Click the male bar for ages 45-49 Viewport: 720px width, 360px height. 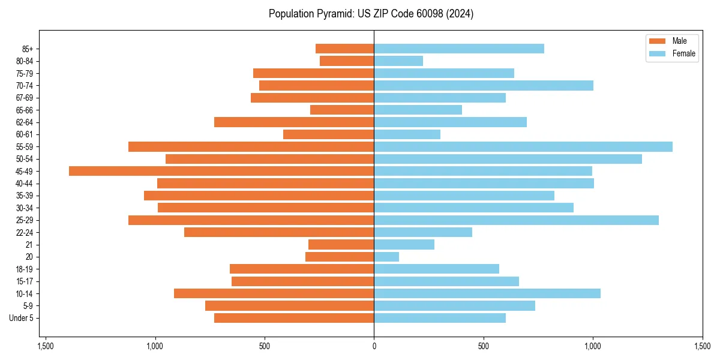click(221, 171)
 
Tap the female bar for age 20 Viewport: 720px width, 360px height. click(386, 257)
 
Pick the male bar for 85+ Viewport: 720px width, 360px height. click(345, 49)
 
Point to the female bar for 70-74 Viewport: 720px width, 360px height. click(484, 85)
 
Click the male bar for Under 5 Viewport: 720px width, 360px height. click(294, 318)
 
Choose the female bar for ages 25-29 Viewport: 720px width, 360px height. click(516, 220)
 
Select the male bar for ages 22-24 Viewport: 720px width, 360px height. click(279, 232)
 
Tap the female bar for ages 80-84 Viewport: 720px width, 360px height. click(398, 61)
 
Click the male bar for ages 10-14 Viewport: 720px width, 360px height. click(274, 293)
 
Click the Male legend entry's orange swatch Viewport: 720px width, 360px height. click(658, 41)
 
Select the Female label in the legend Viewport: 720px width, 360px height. click(684, 53)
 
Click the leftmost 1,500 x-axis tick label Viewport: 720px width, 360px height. click(46, 346)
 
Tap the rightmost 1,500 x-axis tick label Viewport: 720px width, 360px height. click(702, 346)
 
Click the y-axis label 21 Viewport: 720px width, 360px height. click(29, 245)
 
